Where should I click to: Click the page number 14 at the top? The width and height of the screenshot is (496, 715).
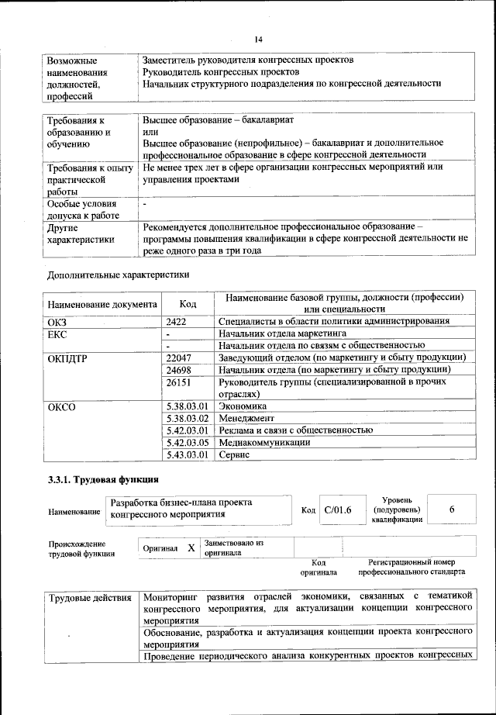point(259,40)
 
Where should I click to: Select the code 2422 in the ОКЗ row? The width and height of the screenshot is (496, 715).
point(177,321)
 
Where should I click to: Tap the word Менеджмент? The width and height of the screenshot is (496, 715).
point(247,418)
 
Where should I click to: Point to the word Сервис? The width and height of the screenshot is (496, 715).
point(234,455)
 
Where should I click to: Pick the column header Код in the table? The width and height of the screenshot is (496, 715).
point(188,304)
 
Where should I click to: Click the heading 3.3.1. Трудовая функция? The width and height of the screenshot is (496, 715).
point(103,479)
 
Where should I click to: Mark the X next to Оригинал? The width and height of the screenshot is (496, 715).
point(191,547)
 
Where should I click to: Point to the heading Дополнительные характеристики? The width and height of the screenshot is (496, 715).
point(118,274)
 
